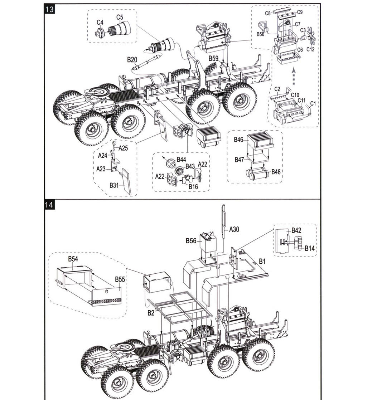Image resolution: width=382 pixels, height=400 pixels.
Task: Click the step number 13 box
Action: click(x=49, y=9)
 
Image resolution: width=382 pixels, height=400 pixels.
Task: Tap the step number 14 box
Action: click(x=49, y=205)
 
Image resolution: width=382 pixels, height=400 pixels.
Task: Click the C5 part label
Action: click(x=120, y=17)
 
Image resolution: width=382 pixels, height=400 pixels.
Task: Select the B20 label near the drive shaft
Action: click(x=132, y=60)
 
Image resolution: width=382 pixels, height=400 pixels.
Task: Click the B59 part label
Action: click(x=213, y=58)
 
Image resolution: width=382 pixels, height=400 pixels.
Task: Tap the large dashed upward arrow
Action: click(x=294, y=76)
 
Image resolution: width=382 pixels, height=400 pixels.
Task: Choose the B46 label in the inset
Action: click(x=238, y=140)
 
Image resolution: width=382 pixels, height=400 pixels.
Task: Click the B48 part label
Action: click(x=276, y=172)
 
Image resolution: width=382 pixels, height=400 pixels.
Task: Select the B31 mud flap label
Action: click(x=114, y=185)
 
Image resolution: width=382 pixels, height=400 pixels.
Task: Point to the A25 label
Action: click(x=123, y=148)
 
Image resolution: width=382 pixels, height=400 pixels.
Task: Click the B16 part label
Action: click(x=193, y=186)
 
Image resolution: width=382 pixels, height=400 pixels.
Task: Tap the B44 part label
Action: click(x=181, y=160)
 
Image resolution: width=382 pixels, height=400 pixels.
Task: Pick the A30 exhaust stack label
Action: click(x=234, y=229)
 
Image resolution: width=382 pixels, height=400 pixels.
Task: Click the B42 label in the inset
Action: click(x=296, y=230)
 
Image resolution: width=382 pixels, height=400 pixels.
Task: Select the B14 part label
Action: click(x=309, y=248)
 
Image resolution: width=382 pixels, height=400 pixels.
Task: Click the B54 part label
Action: click(x=73, y=259)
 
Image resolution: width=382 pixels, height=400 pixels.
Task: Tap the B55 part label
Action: click(x=120, y=279)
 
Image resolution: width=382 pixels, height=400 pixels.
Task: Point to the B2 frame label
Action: click(x=151, y=313)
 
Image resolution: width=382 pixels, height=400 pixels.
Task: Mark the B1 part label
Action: click(x=262, y=262)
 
